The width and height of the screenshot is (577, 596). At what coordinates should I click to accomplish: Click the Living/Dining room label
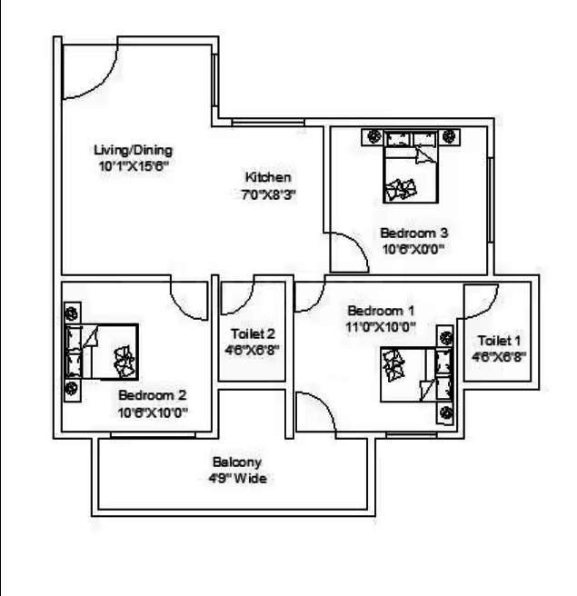tap(134, 150)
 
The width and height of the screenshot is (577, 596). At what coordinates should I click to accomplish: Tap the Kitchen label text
tap(268, 177)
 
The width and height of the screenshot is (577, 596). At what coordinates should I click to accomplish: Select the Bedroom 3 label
tap(413, 233)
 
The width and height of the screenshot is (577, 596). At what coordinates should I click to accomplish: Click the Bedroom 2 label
tap(153, 395)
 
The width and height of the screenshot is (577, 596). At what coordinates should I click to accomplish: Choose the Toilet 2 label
tap(253, 333)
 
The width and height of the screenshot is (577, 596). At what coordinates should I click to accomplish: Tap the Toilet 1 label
tap(501, 341)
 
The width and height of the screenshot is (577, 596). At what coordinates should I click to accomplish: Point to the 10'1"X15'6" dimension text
tap(134, 166)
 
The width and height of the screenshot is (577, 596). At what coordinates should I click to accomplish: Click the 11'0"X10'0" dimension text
tap(380, 327)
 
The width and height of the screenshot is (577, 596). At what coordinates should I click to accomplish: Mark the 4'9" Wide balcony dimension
tap(237, 478)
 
